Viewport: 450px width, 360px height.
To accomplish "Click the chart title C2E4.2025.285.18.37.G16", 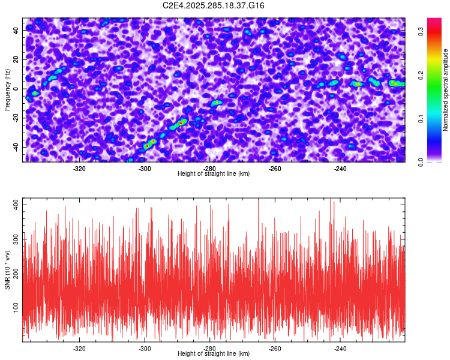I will pyautogui.click(x=214, y=5).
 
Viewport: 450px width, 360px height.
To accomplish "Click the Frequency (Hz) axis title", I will pyautogui.click(x=8, y=89).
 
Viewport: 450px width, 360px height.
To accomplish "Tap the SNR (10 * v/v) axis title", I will pyautogui.click(x=8, y=269).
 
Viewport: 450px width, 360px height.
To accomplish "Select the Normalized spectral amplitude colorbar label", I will pyautogui.click(x=445, y=90).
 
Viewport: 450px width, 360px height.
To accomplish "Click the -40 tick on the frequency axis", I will pyautogui.click(x=15, y=147).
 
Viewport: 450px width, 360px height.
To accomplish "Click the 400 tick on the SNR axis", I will pyautogui.click(x=14, y=205).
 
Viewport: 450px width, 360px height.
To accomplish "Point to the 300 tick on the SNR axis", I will pyautogui.click(x=14, y=239).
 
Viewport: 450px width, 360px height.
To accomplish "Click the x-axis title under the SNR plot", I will pyautogui.click(x=214, y=354).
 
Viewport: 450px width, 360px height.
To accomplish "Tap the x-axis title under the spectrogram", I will pyautogui.click(x=214, y=174).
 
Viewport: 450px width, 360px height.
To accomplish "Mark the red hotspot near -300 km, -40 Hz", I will pyautogui.click(x=147, y=145).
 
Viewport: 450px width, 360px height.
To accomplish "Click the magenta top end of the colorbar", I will pyautogui.click(x=434, y=22).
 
